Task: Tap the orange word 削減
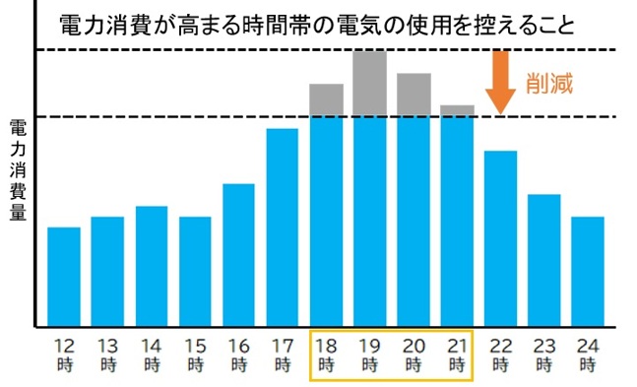[x=548, y=84]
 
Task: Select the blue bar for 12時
[x=64, y=276]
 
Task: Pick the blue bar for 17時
[x=283, y=226]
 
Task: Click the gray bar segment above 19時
[x=369, y=83]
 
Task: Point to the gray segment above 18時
[x=326, y=100]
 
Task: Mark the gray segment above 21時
[x=457, y=110]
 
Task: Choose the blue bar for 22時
[x=500, y=237]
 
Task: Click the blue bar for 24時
[x=588, y=271]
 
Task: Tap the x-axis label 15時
[x=195, y=355]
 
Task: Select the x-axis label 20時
[x=414, y=355]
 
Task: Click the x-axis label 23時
[x=544, y=355]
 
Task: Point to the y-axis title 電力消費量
[x=17, y=171]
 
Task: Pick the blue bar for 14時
[x=152, y=266]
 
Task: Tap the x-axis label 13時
[x=107, y=355]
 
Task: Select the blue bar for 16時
[x=238, y=254]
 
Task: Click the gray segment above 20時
[x=414, y=95]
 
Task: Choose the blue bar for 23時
[x=544, y=260]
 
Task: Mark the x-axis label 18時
[x=326, y=355]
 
